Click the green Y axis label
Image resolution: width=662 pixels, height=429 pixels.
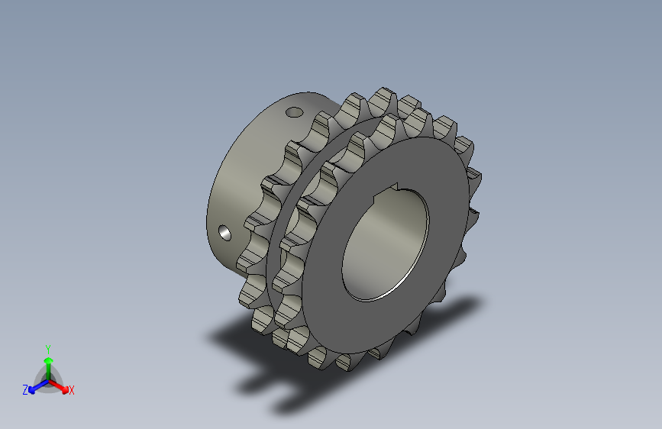(x=48, y=349)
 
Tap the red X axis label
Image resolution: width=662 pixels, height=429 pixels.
(x=71, y=390)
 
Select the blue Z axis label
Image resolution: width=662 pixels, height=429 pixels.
(x=25, y=390)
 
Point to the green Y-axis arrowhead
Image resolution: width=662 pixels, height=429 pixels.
(x=49, y=361)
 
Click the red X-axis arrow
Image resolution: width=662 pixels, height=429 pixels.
(x=58, y=386)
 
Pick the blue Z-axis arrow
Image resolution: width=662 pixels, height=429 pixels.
(x=38, y=386)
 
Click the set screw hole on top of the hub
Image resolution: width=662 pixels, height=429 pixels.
(x=294, y=112)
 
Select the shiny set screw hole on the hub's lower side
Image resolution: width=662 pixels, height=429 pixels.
(x=224, y=233)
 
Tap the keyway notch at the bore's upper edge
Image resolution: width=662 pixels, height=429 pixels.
(x=386, y=191)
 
